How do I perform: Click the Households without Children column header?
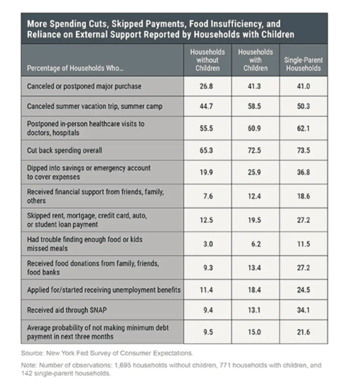[x=207, y=60]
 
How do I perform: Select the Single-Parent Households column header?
[x=303, y=64]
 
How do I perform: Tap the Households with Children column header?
[x=255, y=60]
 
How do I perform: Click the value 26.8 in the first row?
[x=206, y=86]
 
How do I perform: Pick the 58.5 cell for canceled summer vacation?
[x=254, y=106]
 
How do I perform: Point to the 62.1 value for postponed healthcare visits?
[x=303, y=128]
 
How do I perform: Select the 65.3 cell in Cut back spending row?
[x=206, y=150]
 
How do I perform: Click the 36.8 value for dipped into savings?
[x=303, y=172]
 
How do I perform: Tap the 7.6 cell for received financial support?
[x=208, y=196]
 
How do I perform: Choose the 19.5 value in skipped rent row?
[x=254, y=220]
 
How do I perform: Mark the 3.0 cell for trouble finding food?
[x=208, y=244]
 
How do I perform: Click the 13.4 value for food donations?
[x=254, y=268]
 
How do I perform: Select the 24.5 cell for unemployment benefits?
[x=303, y=290]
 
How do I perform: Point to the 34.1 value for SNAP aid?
[x=303, y=310]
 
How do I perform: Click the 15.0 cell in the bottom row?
[x=254, y=332]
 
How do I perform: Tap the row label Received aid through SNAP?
[x=67, y=310]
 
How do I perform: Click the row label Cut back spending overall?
[x=64, y=150]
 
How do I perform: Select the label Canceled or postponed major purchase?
[x=84, y=86]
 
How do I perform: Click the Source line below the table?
[x=107, y=353]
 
